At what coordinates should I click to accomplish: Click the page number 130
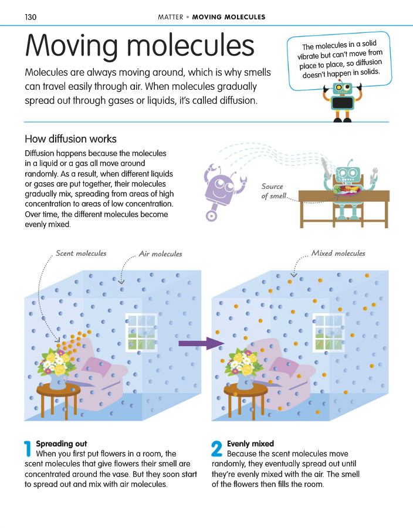31,17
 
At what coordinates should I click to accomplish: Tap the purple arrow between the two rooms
201,343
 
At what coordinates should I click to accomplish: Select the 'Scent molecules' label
81,253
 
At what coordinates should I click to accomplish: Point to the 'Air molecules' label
160,254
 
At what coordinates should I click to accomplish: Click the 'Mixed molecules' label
338,253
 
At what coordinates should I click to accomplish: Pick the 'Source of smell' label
273,191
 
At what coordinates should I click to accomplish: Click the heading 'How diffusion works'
70,138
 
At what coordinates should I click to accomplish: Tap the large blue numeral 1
28,449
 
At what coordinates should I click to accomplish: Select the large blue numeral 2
216,449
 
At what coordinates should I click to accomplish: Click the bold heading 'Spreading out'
61,444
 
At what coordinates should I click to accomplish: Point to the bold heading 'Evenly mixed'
250,444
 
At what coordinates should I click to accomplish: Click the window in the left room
141,333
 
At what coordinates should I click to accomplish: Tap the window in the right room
329,333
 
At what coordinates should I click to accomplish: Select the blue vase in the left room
57,381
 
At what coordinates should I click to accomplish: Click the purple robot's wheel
211,215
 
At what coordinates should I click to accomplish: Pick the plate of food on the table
347,189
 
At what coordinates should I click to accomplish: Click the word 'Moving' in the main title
72,46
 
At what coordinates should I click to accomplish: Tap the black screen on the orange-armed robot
343,103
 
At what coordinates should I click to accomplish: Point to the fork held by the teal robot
374,175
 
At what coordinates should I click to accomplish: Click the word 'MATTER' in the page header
171,17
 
